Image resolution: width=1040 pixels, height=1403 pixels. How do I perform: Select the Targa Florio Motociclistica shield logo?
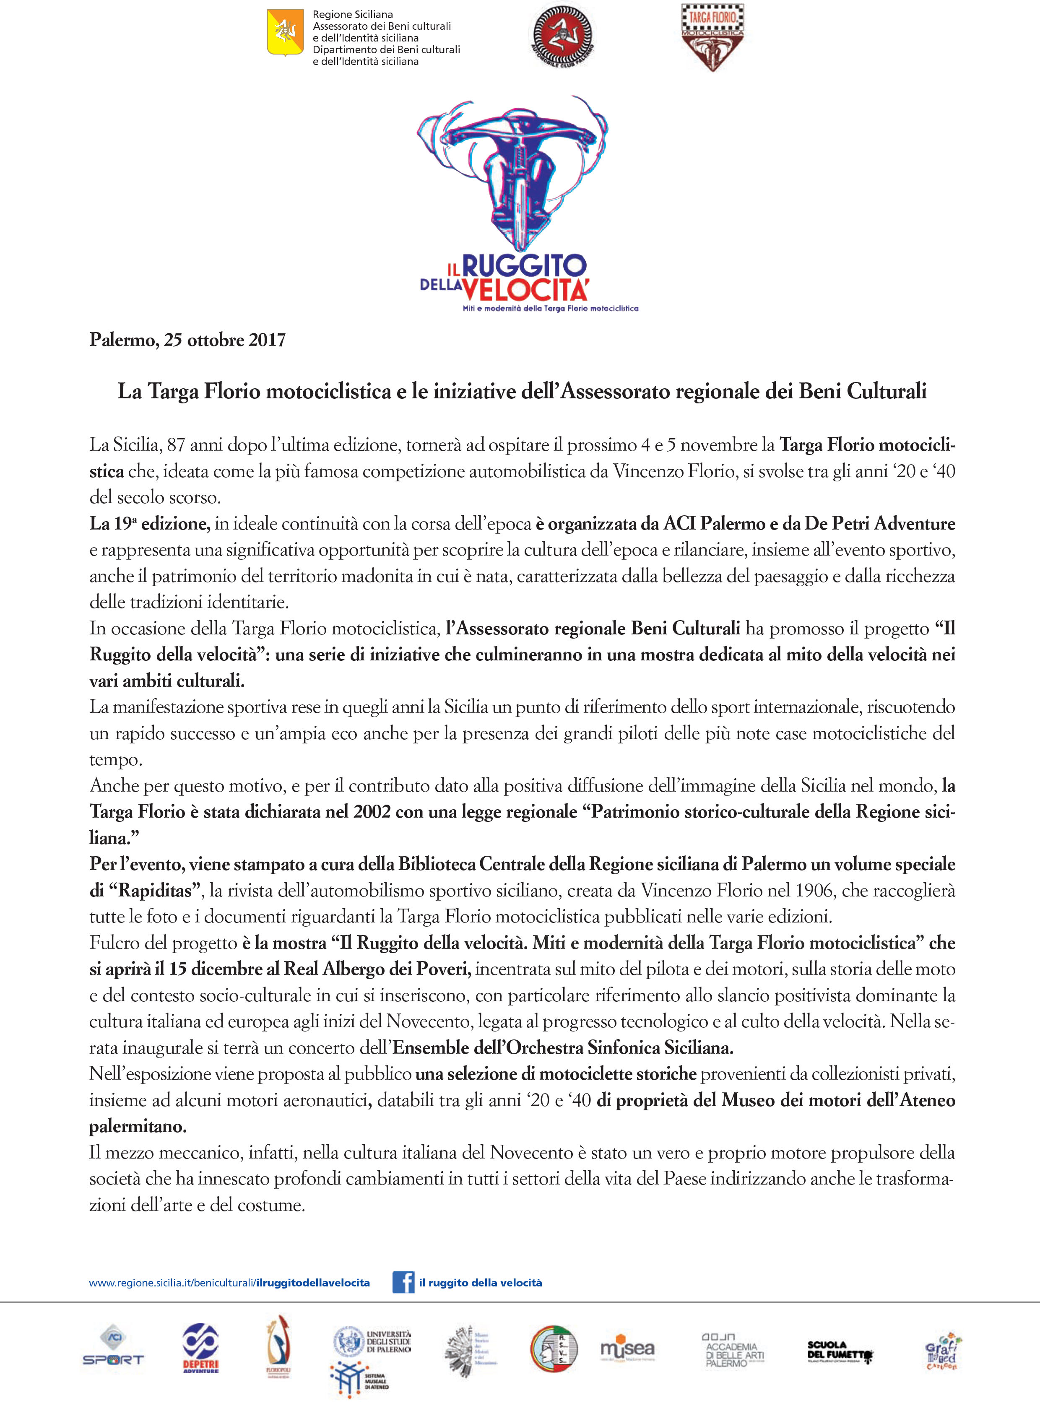712,37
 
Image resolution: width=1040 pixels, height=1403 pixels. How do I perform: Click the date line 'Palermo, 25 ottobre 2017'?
187,340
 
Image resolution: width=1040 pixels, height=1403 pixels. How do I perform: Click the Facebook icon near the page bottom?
403,1283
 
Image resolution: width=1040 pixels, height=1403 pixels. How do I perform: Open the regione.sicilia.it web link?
229,1283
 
